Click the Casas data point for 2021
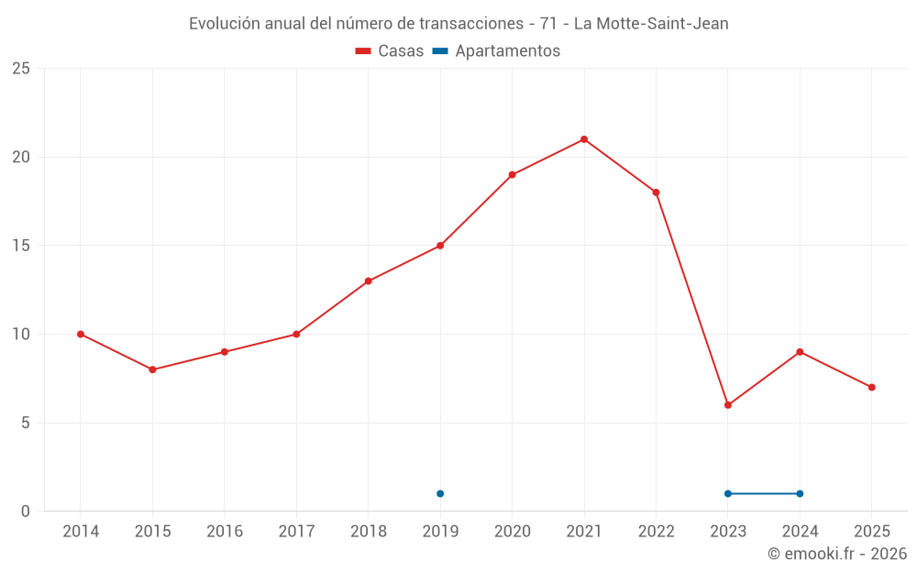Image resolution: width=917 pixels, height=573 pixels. pos(584,139)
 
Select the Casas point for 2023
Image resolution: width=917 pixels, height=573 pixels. pos(728,405)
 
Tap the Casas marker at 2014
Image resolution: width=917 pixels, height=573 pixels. pos(81,334)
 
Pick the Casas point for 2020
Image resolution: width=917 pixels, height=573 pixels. pos(512,174)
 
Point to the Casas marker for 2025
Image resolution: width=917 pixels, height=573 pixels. pos(871,387)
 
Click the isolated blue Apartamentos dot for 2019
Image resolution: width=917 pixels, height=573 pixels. pos(440,493)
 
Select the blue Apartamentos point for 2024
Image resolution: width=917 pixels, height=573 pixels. pos(800,493)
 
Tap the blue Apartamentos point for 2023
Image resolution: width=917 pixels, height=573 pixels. pos(728,493)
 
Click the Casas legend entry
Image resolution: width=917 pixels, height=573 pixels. pos(390,51)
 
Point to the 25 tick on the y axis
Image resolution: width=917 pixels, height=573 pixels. pos(21,69)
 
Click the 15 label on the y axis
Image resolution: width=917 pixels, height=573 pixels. pos(21,246)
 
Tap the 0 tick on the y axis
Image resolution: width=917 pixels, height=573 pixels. pos(26,512)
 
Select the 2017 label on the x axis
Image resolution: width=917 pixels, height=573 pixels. pos(296,532)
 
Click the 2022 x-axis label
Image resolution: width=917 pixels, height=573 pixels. pos(656,532)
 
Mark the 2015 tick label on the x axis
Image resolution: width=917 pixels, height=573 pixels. pos(152,532)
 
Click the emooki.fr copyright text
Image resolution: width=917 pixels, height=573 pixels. pos(837,554)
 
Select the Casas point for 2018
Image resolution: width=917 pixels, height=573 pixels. pos(368,281)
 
